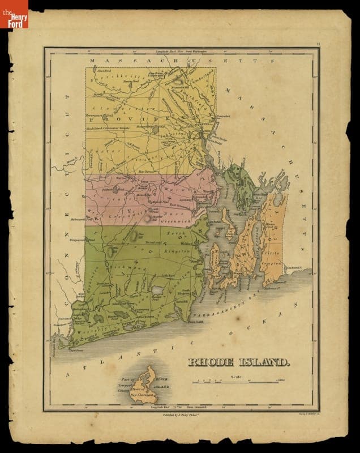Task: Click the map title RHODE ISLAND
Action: tap(238, 361)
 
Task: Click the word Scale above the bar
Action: tap(236, 376)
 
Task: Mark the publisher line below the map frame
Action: tap(183, 415)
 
